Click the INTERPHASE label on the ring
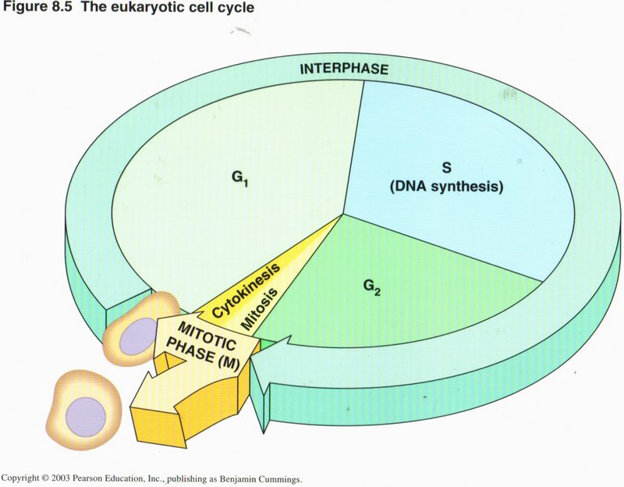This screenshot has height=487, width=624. tap(344, 69)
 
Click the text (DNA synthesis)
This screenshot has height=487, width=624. tap(448, 188)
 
